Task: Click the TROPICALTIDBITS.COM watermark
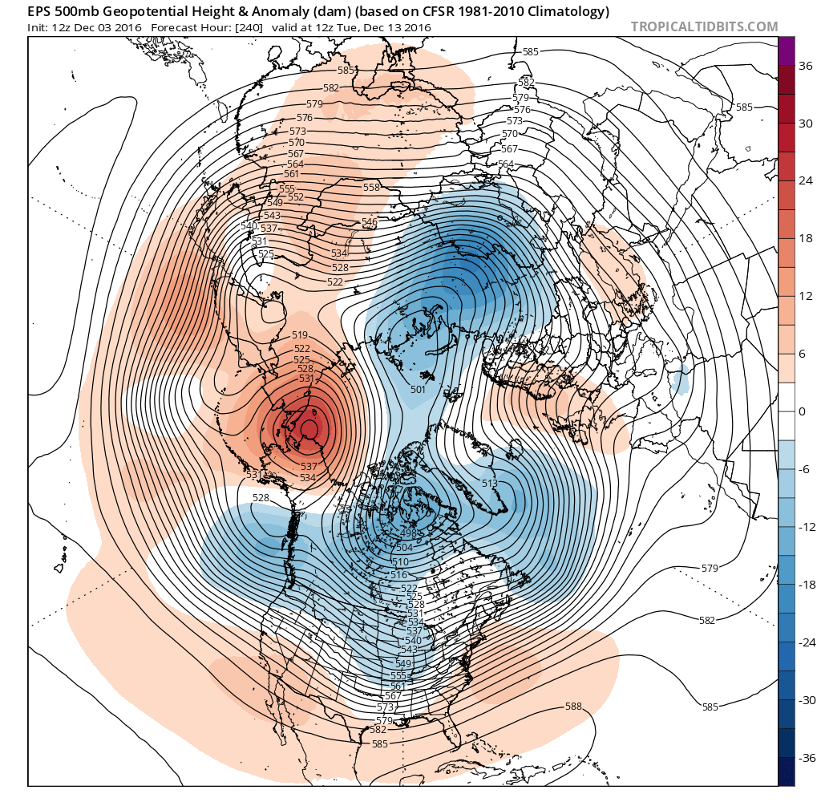pyautogui.click(x=704, y=26)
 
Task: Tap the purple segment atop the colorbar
pyautogui.click(x=787, y=51)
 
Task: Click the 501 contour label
pyautogui.click(x=417, y=390)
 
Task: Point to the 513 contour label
pyautogui.click(x=490, y=483)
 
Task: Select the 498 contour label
pyautogui.click(x=408, y=534)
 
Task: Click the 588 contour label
pyautogui.click(x=573, y=707)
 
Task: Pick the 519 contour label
pyautogui.click(x=301, y=335)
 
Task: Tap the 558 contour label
pyautogui.click(x=371, y=187)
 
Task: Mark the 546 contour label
pyautogui.click(x=369, y=222)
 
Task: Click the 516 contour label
pyautogui.click(x=398, y=575)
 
